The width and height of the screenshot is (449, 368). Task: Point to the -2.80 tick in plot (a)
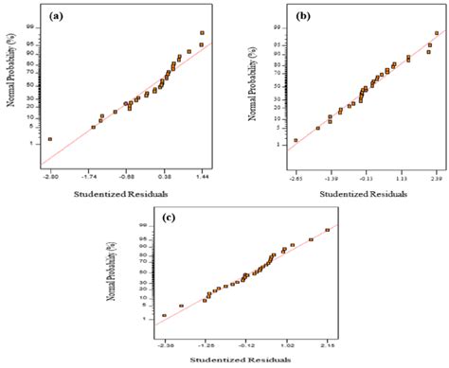(50, 176)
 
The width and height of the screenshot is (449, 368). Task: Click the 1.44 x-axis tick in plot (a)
(201, 176)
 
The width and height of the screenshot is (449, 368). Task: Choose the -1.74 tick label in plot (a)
(91, 176)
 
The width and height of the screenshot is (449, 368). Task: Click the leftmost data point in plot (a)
(50, 139)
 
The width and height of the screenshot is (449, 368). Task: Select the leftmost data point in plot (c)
(164, 315)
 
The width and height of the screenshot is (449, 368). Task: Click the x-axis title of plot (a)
(125, 195)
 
